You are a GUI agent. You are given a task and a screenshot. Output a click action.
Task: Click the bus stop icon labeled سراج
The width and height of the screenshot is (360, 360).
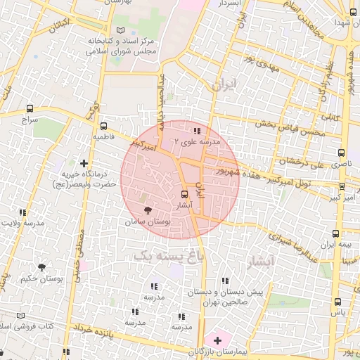29,108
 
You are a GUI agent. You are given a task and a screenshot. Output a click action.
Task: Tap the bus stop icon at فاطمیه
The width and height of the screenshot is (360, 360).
103,127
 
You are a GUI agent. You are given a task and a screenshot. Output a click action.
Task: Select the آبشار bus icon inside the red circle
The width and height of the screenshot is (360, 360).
184,194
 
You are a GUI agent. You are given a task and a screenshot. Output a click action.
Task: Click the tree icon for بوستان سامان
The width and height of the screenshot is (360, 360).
147,210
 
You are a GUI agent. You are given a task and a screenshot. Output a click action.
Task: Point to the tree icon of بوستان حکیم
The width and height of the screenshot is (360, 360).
41,267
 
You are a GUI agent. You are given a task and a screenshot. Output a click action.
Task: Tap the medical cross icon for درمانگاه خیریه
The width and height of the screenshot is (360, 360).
84,163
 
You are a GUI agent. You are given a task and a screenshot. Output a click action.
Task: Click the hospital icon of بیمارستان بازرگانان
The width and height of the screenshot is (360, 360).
217,340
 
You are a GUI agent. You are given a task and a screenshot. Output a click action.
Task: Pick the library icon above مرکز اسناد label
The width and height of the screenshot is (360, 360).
121,30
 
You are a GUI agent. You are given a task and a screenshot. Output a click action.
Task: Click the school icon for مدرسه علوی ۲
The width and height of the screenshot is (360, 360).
197,131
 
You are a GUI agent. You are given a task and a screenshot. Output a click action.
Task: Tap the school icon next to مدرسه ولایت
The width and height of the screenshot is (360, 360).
22,212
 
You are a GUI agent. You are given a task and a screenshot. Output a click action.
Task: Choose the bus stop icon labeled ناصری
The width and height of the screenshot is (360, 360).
341,152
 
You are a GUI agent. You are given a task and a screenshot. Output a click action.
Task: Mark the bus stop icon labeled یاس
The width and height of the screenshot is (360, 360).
337,302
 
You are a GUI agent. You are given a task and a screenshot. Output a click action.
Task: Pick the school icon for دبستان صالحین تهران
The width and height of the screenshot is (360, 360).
224,281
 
